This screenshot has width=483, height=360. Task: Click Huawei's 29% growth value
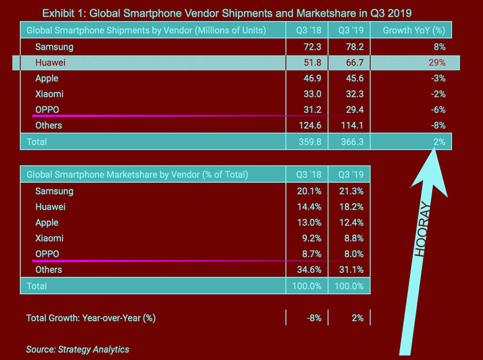point(437,63)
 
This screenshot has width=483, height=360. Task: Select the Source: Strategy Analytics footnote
point(77,349)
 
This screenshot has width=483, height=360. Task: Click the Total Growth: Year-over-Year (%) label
point(90,318)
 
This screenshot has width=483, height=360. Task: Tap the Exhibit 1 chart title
point(227,12)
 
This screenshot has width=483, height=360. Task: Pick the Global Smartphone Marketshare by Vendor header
point(137,175)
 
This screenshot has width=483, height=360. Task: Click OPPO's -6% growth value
point(438,110)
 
